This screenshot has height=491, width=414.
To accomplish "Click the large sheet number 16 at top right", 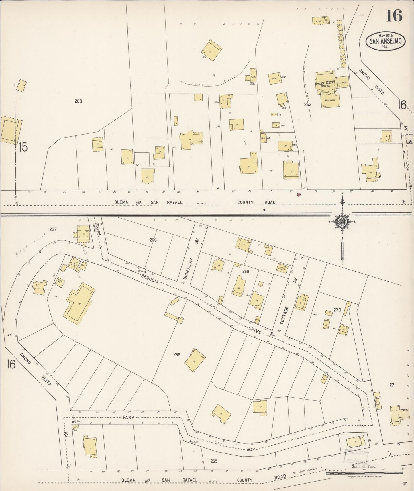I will tap(394, 16).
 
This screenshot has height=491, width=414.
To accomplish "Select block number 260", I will tap(78, 101).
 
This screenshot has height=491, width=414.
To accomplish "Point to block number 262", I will tap(308, 105).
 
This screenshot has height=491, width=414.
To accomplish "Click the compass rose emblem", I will tap(342, 222).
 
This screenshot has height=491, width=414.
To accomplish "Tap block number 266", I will tap(177, 355).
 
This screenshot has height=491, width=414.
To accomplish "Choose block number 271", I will tap(392, 385).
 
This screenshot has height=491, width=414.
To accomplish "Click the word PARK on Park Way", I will tap(129, 418).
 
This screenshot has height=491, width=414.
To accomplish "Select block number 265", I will tap(214, 461).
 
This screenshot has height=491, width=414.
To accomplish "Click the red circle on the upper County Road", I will tap(299, 195).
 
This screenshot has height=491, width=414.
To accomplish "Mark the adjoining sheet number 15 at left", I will tap(23, 147).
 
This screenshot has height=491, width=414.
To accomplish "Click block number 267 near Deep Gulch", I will tap(53, 229).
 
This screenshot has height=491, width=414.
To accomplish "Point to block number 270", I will tap(337, 310).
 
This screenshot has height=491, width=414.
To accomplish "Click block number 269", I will tap(246, 272).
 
